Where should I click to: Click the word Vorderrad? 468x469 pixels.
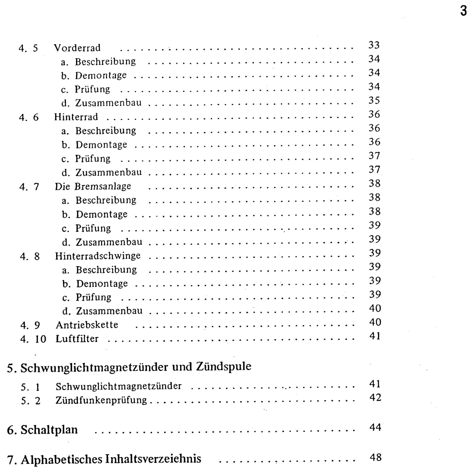click(x=77, y=48)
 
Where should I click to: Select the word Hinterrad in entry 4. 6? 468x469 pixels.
click(x=76, y=117)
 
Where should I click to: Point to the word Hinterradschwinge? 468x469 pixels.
click(x=98, y=256)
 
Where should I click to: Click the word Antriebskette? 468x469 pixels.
click(x=87, y=325)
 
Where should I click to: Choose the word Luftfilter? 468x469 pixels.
click(x=77, y=339)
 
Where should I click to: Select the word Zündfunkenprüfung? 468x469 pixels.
click(x=101, y=400)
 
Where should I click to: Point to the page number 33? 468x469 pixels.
click(x=374, y=45)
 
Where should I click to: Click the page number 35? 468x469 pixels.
click(x=374, y=101)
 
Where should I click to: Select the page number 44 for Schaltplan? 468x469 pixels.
click(x=375, y=428)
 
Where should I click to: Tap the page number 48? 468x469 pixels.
click(x=375, y=458)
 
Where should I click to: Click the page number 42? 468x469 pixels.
click(x=375, y=398)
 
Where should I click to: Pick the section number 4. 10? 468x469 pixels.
click(x=33, y=339)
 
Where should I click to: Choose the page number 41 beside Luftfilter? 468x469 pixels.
click(x=375, y=336)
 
